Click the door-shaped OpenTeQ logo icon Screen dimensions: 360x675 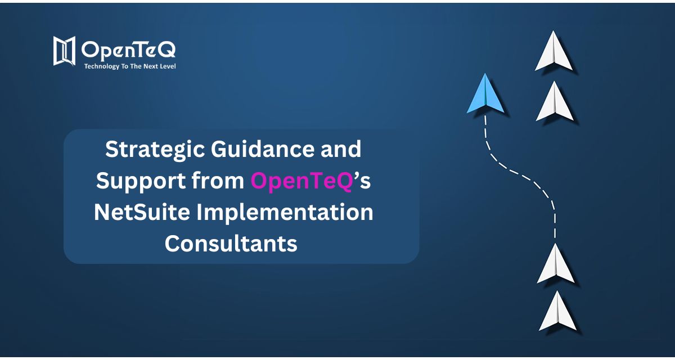click(64, 51)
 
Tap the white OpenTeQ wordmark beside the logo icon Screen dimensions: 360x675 click(128, 49)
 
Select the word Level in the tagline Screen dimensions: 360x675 click(166, 66)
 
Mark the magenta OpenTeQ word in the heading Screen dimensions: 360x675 click(301, 181)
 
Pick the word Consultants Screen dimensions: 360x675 click(231, 244)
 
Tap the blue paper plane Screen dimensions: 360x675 click(486, 96)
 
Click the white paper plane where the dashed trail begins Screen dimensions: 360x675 click(555, 265)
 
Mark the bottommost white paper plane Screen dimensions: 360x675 click(557, 313)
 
